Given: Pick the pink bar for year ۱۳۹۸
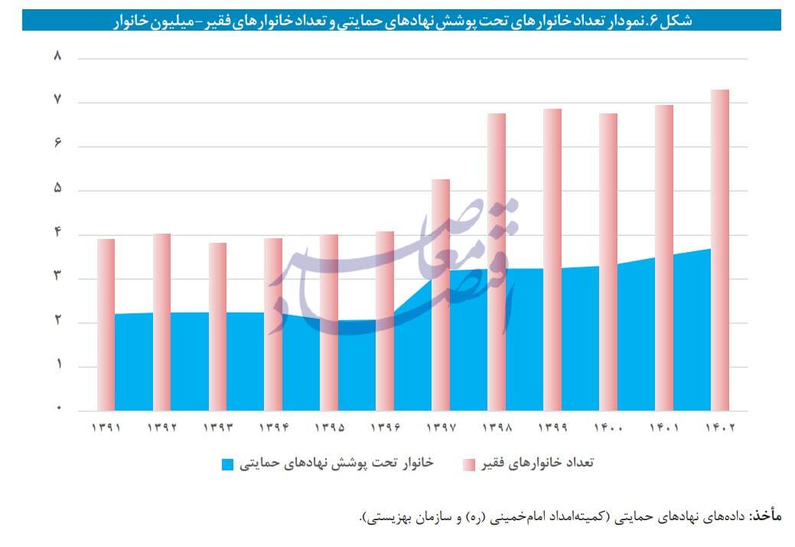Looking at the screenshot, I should (x=497, y=261).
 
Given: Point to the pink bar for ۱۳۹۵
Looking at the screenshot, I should (x=329, y=322).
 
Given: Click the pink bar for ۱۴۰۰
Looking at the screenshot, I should (x=608, y=261).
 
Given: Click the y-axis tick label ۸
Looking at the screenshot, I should (x=57, y=57).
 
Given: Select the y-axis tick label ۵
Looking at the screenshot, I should (x=57, y=190).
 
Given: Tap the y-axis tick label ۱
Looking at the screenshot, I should (x=57, y=366).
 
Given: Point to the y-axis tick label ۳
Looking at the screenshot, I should (x=57, y=278).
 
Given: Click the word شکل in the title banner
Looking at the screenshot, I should (x=676, y=21).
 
